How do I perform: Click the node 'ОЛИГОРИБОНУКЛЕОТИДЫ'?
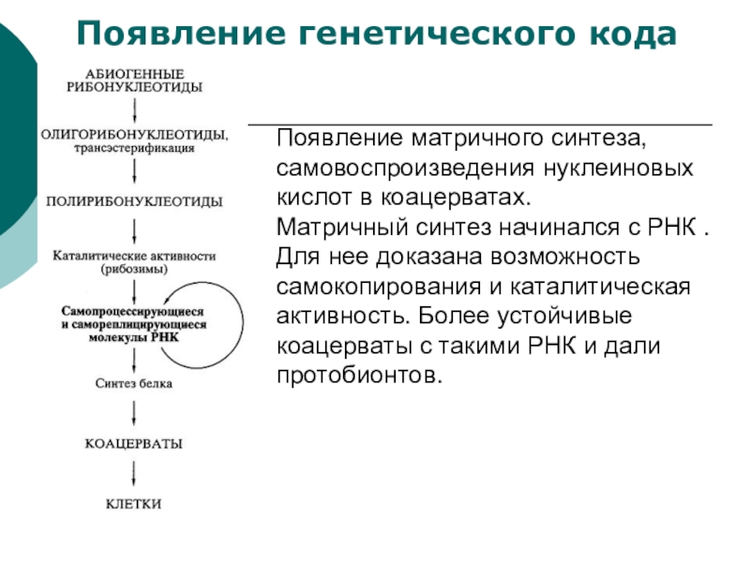tap(134, 134)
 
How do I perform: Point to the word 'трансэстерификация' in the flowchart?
tap(138, 147)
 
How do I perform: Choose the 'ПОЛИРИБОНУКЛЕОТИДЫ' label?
tap(135, 201)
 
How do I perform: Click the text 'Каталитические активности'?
tap(135, 255)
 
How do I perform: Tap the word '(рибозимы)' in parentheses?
tap(135, 268)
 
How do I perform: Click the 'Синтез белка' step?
tap(135, 383)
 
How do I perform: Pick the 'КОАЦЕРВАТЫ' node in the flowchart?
tap(134, 442)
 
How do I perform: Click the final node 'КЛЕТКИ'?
tap(134, 504)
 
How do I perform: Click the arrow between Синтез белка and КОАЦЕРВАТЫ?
tap(137, 412)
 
